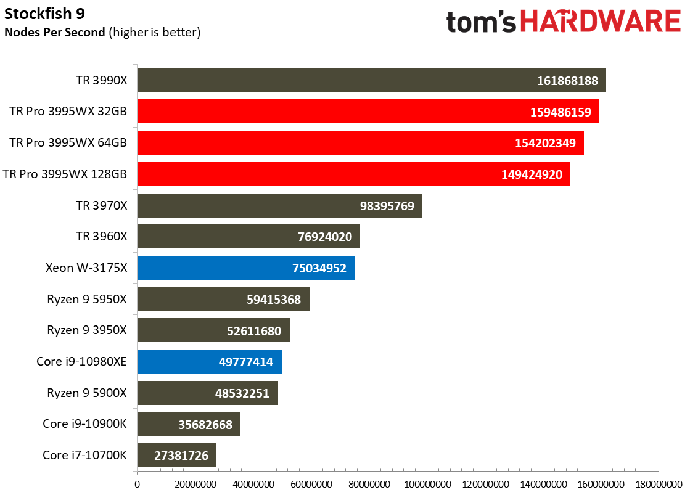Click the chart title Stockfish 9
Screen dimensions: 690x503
tap(44, 14)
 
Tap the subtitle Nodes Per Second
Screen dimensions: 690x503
tap(54, 33)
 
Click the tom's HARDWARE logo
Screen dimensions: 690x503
tap(564, 22)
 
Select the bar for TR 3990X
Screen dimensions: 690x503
tap(371, 81)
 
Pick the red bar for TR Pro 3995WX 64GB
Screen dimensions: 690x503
tap(360, 142)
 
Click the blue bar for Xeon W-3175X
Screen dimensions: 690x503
tap(245, 268)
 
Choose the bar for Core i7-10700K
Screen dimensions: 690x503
tap(176, 455)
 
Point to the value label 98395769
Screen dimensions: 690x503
tap(387, 206)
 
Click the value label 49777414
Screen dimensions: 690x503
tap(245, 362)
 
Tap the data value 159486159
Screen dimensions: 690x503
tap(560, 112)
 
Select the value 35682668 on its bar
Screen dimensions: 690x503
tap(205, 425)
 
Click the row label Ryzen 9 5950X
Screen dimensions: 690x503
tap(87, 299)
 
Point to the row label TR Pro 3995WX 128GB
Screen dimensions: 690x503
tap(65, 174)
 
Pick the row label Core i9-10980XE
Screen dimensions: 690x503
tap(81, 362)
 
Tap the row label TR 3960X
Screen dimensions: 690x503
tap(101, 237)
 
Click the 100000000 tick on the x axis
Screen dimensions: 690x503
tap(427, 485)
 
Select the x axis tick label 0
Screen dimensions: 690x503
tap(138, 485)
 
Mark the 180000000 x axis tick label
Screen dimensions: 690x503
tap(659, 485)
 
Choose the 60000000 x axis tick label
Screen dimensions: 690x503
tap(311, 485)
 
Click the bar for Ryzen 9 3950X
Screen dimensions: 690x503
tap(213, 330)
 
